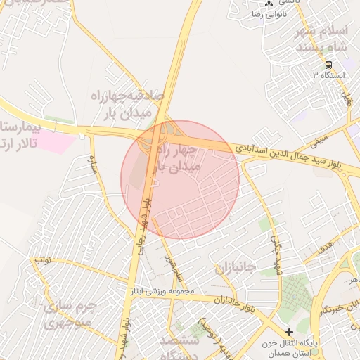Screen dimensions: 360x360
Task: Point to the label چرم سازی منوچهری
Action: (x=68, y=315)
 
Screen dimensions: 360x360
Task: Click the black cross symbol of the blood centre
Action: (x=289, y=331)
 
